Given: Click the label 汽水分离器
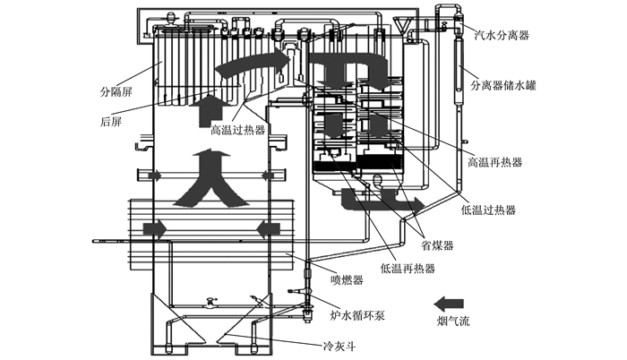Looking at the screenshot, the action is [x=502, y=35].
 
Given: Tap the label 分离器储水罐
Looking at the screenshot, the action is [x=503, y=85].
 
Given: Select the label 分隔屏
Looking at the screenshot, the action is [x=116, y=92].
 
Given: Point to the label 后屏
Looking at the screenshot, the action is [x=111, y=121].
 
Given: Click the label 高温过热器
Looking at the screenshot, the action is [x=238, y=130].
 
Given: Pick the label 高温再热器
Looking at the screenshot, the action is [x=495, y=162].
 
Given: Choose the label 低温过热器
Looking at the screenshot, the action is [x=488, y=210].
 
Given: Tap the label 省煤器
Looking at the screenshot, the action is [x=437, y=244].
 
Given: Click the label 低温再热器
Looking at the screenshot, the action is [x=408, y=268].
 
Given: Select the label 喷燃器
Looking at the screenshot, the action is [x=348, y=279].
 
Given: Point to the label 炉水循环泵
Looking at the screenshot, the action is [x=357, y=315].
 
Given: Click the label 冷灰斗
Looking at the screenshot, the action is [x=339, y=346].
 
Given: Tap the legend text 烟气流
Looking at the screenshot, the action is [x=453, y=321].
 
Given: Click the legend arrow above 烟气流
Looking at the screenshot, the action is [x=449, y=304].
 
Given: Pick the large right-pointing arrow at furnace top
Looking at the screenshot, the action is [x=252, y=63].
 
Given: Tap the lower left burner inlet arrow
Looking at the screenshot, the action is [x=155, y=228].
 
